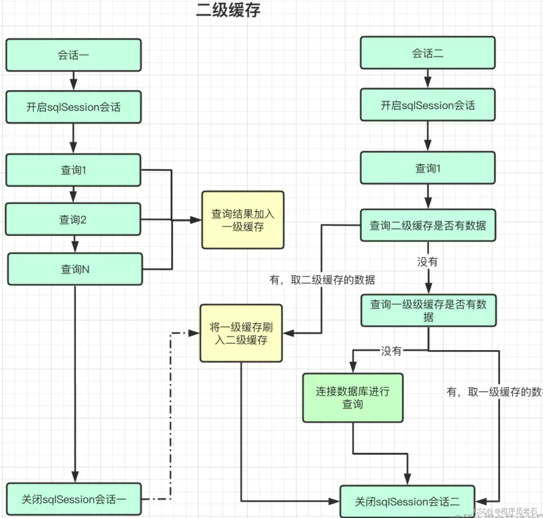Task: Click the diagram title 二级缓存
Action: [x=228, y=10]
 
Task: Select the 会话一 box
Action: [x=73, y=55]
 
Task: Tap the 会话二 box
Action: [x=428, y=53]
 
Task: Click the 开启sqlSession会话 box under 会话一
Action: [x=73, y=107]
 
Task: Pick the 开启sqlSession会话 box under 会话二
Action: [x=428, y=105]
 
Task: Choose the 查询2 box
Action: [x=73, y=219]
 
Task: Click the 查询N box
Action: [x=75, y=269]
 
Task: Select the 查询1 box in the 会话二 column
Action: [x=428, y=168]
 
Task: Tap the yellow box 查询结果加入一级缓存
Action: [x=243, y=220]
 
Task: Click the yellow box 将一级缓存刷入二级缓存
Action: [x=241, y=333]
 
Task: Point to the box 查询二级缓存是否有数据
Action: [x=428, y=225]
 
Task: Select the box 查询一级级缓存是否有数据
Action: [x=428, y=311]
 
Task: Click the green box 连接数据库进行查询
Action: [x=353, y=398]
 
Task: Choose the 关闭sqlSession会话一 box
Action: [x=74, y=499]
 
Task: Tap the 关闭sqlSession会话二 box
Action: [x=407, y=501]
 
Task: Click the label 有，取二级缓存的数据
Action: [x=322, y=280]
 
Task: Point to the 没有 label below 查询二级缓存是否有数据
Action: [x=428, y=262]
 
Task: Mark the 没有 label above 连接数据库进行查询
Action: [x=391, y=351]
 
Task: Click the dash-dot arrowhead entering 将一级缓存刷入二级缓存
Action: [x=194, y=333]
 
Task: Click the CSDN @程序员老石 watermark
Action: [x=505, y=511]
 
